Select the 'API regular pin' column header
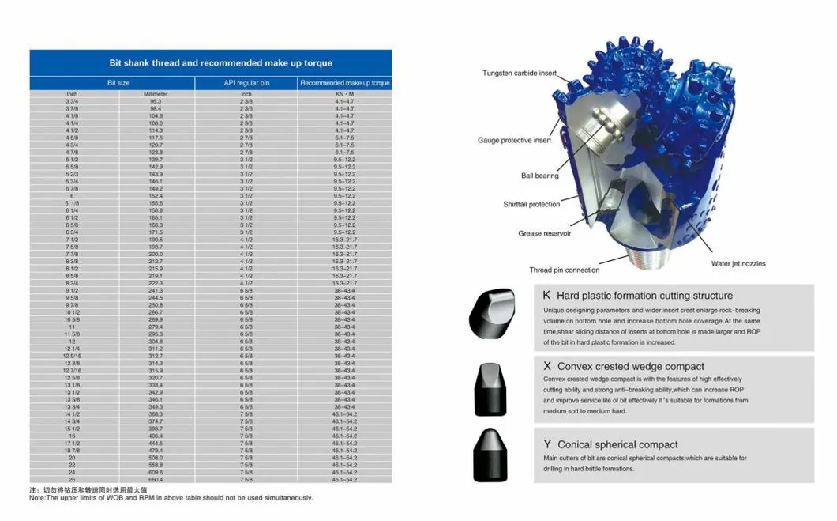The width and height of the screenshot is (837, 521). click(246, 82)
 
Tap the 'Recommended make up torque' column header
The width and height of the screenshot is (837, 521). click(344, 82)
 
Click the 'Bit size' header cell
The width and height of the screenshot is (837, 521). click(119, 82)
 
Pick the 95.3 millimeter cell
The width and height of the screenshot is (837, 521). click(156, 101)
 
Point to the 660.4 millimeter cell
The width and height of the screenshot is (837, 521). click(156, 480)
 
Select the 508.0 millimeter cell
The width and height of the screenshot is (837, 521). click(156, 458)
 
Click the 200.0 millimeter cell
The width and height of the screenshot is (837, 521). click(156, 254)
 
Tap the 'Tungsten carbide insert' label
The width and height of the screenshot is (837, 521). click(520, 74)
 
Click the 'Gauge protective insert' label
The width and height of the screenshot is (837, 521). click(514, 141)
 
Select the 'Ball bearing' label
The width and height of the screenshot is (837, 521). click(539, 176)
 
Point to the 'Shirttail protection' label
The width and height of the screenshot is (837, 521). click(531, 205)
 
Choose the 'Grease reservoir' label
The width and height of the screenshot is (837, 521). click(544, 234)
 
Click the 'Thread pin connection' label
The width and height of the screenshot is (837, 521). click(564, 270)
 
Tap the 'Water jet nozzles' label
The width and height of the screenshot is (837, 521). click(738, 263)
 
